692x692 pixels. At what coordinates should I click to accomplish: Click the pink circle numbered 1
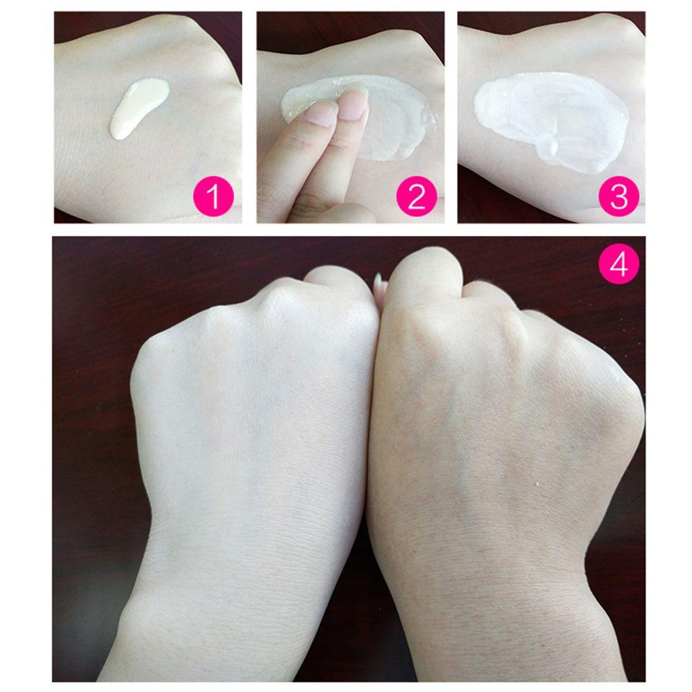pyautogui.click(x=215, y=197)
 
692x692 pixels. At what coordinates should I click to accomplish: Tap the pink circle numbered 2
pyautogui.click(x=415, y=197)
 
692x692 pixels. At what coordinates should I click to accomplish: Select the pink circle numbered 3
pyautogui.click(x=619, y=197)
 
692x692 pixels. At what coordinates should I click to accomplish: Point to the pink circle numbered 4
pyautogui.click(x=619, y=264)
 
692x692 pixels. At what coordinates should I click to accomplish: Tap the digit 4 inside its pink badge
pyautogui.click(x=619, y=264)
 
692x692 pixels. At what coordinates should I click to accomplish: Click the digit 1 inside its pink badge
pyautogui.click(x=215, y=197)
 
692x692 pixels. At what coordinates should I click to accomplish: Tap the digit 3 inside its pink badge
pyautogui.click(x=619, y=197)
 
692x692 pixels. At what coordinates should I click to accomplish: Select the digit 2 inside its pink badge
pyautogui.click(x=415, y=197)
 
